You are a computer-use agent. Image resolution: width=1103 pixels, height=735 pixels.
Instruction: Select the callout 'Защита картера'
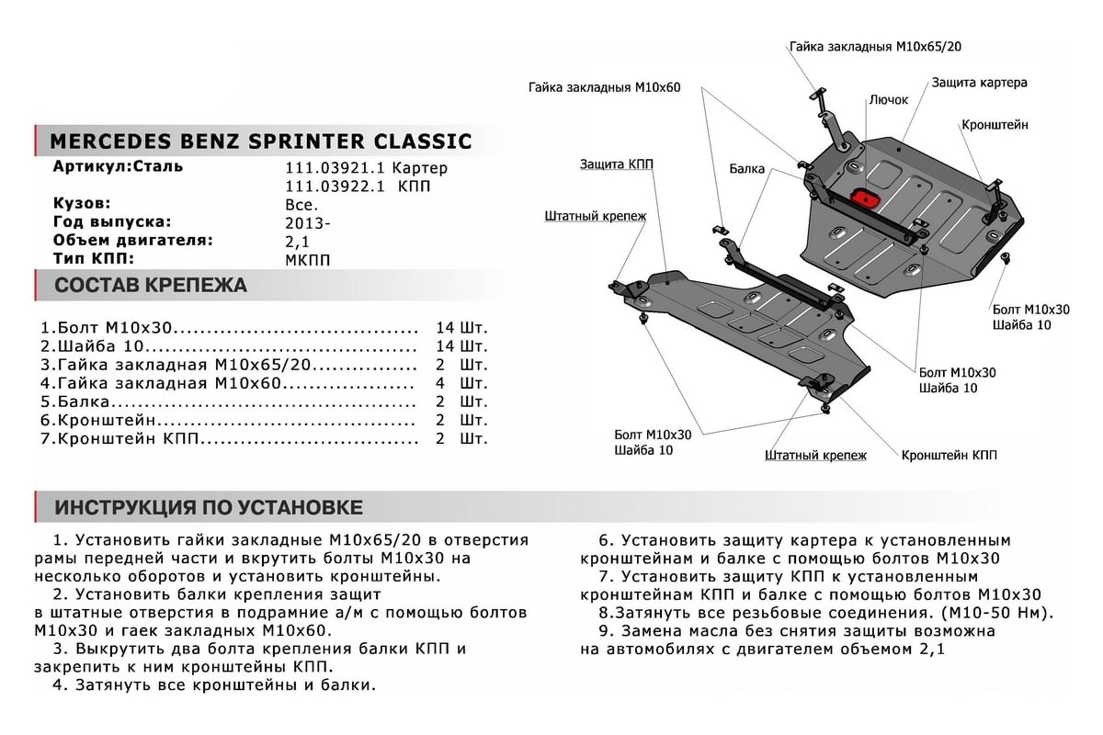click(x=979, y=82)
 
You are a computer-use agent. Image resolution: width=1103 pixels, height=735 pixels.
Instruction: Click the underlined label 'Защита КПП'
click(x=617, y=164)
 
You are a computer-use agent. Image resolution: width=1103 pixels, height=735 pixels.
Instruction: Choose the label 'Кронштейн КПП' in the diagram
click(x=949, y=455)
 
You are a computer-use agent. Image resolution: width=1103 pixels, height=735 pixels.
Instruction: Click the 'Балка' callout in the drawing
click(x=747, y=170)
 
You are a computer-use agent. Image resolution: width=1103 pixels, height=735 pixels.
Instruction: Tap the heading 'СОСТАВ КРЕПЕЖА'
click(x=151, y=285)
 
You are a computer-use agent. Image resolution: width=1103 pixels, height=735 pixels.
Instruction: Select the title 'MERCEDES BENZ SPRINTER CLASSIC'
click(x=260, y=141)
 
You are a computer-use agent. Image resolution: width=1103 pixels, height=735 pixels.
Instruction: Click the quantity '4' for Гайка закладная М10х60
click(x=440, y=383)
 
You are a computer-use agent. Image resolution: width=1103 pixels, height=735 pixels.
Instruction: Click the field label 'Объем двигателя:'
click(x=132, y=241)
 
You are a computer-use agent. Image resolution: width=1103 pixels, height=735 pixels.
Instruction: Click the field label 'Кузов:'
click(x=82, y=203)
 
